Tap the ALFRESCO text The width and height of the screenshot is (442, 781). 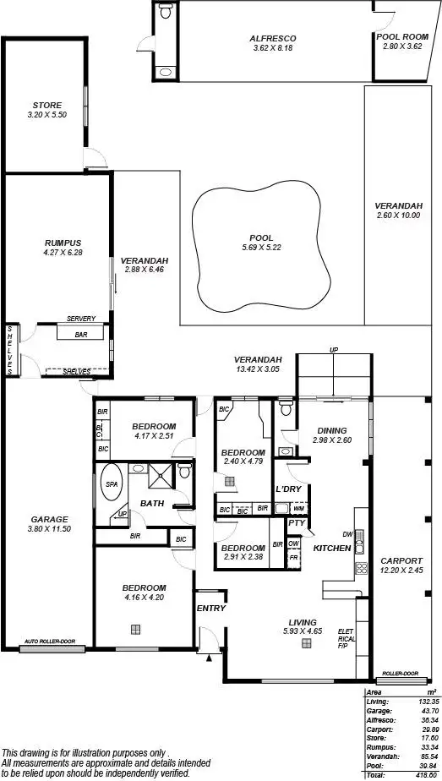(272, 38)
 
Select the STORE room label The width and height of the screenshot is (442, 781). (41, 105)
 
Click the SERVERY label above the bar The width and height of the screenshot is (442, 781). (81, 319)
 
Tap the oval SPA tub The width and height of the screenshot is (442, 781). (112, 488)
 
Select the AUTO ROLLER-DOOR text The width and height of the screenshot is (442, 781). (50, 642)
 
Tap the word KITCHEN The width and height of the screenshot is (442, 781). (332, 549)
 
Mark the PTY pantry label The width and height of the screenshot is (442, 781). (295, 523)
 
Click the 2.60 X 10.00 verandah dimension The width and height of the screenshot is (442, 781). (398, 216)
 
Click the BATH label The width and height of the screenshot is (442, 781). (152, 504)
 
